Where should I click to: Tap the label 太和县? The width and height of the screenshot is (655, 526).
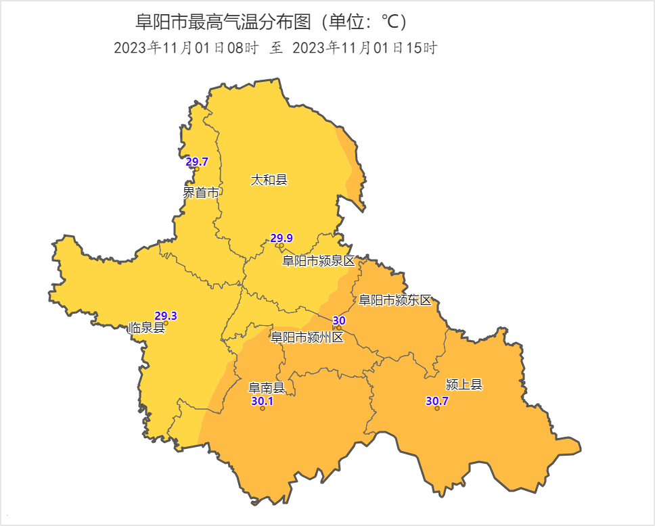point(269,180)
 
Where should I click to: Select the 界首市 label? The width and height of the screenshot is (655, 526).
point(202,193)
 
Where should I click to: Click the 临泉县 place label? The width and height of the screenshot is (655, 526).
point(146,329)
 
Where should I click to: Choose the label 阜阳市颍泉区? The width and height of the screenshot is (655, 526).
point(318,261)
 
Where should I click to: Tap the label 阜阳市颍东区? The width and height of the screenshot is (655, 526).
point(394,300)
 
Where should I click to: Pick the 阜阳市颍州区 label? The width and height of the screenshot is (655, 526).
point(307,337)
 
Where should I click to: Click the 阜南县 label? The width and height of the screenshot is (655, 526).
point(266,388)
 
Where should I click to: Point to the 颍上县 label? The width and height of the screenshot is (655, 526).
point(464,385)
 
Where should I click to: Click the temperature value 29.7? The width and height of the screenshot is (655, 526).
point(197,162)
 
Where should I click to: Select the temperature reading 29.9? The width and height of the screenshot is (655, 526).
point(281,238)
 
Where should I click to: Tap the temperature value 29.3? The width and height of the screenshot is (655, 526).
point(166,316)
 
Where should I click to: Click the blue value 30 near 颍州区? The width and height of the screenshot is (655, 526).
point(340,320)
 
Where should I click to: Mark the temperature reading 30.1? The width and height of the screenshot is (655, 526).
point(263,401)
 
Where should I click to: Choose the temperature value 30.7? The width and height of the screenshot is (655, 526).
point(437,401)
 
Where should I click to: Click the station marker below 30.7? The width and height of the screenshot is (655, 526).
point(437,408)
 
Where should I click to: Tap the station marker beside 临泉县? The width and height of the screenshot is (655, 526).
point(166,323)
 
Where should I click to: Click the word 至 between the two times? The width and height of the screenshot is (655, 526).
point(276,48)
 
